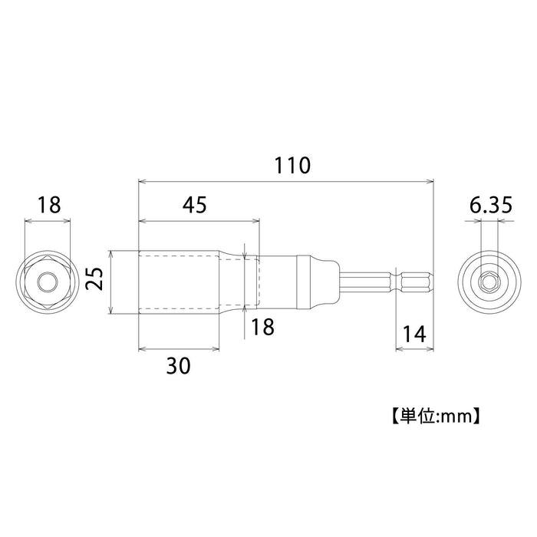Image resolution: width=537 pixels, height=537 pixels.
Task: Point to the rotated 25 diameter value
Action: point(94,282)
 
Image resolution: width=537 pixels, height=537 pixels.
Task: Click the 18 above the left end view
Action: point(48,205)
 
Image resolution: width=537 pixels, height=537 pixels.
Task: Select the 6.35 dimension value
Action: point(488,205)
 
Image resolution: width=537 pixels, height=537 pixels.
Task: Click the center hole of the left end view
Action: point(48,282)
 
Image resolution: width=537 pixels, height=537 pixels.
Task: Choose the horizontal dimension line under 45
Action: point(199,222)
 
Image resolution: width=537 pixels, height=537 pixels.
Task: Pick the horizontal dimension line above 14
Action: point(413,349)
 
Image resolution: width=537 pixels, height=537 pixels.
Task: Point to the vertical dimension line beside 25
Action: point(111,282)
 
